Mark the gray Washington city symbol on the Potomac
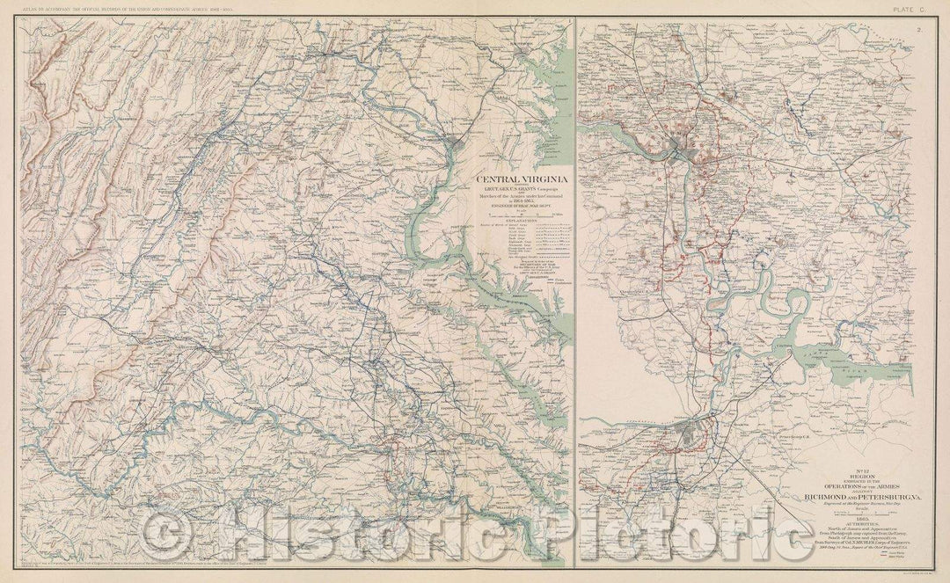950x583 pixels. [x=456, y=140]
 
